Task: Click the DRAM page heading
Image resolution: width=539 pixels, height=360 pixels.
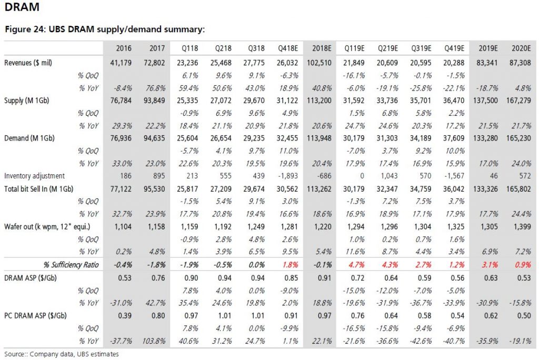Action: pos(22,6)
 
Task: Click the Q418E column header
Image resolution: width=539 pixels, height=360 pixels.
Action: pos(288,48)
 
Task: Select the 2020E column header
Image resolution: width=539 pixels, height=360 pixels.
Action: pos(521,48)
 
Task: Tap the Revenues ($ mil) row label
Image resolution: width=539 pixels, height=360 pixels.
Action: pos(28,63)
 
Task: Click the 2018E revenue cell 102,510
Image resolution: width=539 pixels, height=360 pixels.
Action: pos(319,63)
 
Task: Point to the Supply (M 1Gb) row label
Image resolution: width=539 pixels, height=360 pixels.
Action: pos(26,101)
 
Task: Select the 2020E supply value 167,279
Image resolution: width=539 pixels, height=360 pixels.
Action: pos(518,101)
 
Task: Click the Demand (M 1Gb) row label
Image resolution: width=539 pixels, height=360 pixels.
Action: pos(29,138)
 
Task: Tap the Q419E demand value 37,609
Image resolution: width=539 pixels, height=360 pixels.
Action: pos(454,138)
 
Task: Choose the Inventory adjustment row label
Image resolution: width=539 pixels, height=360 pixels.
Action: pos(34,176)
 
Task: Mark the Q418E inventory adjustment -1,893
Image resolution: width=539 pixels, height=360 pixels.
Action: pos(288,176)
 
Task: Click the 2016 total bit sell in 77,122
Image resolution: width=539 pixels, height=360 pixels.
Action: pos(121,189)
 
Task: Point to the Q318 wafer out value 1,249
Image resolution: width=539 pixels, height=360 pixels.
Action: pos(256,227)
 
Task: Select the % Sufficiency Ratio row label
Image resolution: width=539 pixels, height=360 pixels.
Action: pos(71,265)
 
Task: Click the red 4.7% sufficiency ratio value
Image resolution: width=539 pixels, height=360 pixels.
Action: pos(356,265)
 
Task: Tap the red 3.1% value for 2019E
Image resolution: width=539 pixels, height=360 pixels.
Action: pos(490,265)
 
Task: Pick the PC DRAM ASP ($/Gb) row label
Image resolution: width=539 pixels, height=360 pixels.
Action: pos(35,316)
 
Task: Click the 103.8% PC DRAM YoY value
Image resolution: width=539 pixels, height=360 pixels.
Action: pos(154,341)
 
